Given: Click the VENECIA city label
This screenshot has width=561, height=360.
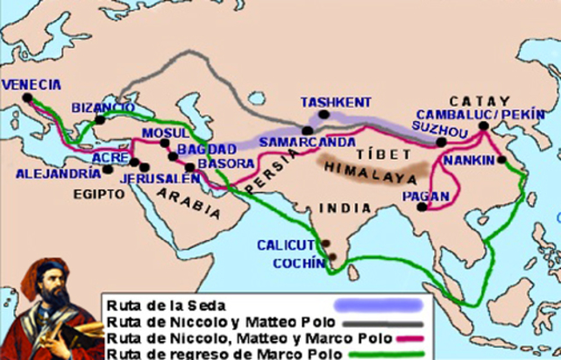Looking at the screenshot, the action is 32,85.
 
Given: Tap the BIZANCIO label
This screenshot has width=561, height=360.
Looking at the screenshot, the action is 103,106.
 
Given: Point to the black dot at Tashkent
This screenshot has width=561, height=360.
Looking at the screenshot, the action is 324,114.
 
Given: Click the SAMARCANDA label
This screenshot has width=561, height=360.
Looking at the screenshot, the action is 320,142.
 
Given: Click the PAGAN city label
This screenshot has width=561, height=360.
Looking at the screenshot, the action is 419,196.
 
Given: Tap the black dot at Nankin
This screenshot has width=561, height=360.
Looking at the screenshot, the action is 503,160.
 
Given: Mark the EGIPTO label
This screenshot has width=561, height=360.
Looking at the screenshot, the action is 99,194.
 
